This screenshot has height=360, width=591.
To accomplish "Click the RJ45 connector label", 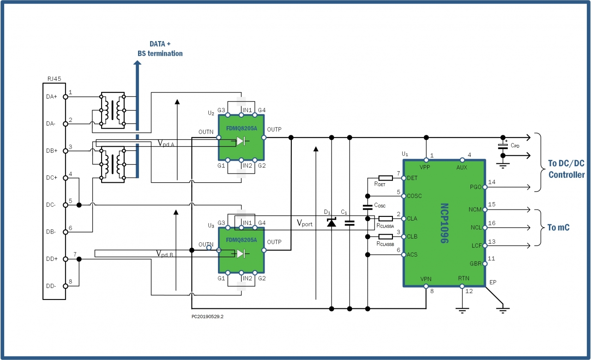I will coord(54,79).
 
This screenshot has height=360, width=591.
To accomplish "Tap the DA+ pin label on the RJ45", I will coord(52,97).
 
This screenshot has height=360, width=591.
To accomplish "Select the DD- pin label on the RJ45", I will coord(52,286).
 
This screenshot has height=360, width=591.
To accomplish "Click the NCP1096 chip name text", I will coord(444,223).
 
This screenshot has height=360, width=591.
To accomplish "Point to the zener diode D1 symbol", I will coord(331,223).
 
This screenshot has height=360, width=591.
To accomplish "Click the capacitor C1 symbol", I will coord(350,223).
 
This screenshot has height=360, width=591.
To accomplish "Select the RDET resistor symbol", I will coord(385,178).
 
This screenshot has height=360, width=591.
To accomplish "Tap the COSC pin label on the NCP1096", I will coord(415,196).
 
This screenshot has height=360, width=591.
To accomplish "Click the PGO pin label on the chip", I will coord(475,187).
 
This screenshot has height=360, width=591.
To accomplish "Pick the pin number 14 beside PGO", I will coord(492,182).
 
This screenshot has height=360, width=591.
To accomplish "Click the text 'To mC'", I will coord(559,227).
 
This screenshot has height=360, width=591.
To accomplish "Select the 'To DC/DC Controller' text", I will coord(566,168).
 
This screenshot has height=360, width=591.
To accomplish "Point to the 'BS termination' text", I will coord(160,54).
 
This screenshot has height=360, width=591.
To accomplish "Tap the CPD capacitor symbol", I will coord(503,146).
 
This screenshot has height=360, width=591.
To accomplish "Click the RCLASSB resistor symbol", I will coord(385,237).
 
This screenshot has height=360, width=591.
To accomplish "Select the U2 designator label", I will coord(211,113).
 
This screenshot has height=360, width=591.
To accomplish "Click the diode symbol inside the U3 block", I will coord(241,253).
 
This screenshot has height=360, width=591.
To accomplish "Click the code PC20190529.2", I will coord(211,317).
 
